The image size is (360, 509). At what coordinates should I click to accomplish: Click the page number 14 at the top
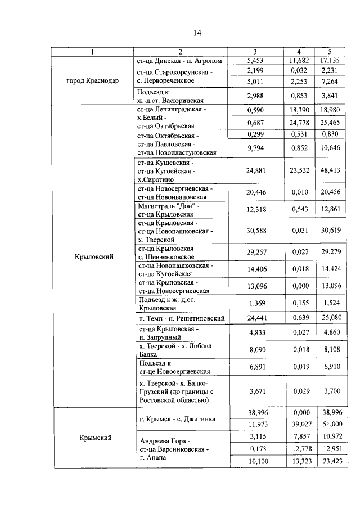pyautogui.click(x=197, y=33)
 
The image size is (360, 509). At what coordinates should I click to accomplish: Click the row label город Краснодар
pyautogui.click(x=93, y=80)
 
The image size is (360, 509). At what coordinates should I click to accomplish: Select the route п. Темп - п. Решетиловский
pyautogui.click(x=181, y=318)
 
